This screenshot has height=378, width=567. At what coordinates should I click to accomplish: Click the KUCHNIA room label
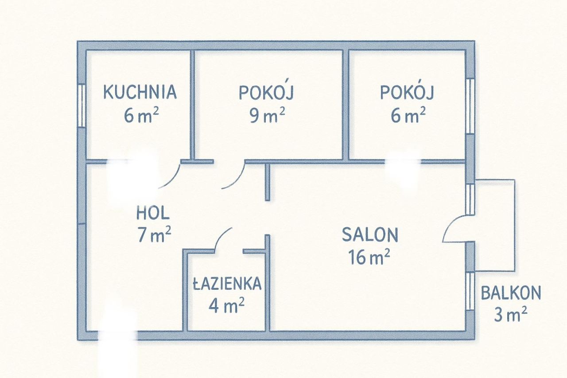coord(140,92)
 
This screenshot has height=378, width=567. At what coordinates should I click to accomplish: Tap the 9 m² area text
coord(267,116)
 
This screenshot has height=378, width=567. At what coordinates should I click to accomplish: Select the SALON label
coord(370,235)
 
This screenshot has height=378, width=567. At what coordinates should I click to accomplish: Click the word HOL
coord(152,214)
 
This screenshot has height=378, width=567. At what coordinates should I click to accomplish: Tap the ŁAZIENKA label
coord(227,284)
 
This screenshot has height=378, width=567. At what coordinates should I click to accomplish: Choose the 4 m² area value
coord(227,306)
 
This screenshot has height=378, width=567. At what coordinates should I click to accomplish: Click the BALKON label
coord(511,293)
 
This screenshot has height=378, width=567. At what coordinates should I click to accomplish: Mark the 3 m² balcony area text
coord(510,316)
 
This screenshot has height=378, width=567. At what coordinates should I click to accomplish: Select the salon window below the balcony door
coord(470,290)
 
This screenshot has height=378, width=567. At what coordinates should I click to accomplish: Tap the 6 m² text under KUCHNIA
coord(141,116)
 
